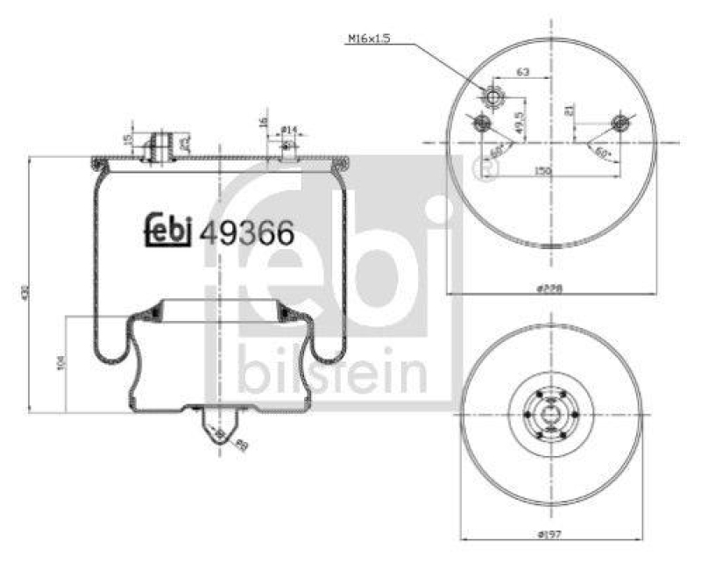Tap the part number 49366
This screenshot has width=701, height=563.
(246, 232)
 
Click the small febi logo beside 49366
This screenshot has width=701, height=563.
(169, 229)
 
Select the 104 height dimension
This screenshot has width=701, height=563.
(60, 363)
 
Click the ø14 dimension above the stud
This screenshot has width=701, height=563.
(290, 130)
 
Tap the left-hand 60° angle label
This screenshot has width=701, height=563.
(496, 151)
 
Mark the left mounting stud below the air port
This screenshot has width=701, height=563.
(479, 125)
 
